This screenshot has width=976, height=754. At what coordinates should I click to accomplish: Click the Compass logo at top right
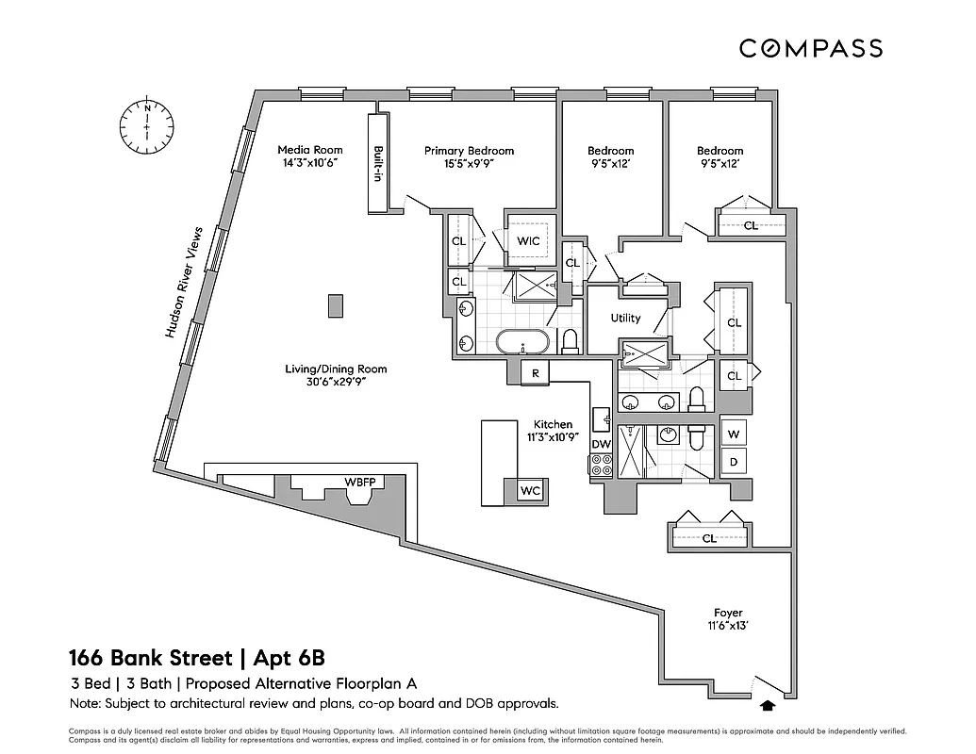[810, 48]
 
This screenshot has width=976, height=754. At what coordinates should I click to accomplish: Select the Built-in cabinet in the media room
[376, 164]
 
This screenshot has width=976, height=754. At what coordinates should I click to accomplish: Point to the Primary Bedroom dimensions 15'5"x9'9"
[469, 163]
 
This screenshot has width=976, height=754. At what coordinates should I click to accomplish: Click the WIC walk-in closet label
[528, 241]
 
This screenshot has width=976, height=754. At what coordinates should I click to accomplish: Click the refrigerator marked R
[535, 372]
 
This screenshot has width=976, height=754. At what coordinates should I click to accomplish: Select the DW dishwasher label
[601, 444]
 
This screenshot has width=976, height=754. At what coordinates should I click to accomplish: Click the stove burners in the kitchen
[602, 464]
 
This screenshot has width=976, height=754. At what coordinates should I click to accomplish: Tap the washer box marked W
[735, 434]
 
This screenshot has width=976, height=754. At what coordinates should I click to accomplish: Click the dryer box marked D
[735, 462]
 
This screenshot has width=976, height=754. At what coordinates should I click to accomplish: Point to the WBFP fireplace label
[359, 483]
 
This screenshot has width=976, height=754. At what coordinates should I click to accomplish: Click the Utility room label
[625, 318]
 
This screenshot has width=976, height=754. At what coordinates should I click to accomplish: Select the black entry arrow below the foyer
[768, 702]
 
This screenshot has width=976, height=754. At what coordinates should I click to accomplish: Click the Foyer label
[727, 613]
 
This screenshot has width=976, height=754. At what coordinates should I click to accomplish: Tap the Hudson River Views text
[184, 282]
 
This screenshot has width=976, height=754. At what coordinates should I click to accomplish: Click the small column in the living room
[334, 305]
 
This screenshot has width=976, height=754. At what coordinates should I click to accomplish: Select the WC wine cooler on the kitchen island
[529, 491]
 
